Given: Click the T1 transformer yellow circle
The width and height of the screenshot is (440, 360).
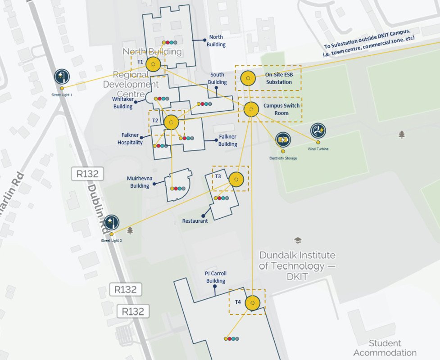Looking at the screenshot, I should click(154, 64).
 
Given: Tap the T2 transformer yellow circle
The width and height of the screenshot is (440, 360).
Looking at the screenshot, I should click(171, 122).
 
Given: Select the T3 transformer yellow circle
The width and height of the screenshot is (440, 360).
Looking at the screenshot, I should click(236, 179).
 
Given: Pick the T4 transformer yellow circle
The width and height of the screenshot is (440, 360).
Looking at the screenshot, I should click(252, 303).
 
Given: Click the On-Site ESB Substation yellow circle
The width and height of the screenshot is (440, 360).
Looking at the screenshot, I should click(248, 78).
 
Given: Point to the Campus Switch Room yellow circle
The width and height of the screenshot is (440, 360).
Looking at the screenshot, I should click(251, 109).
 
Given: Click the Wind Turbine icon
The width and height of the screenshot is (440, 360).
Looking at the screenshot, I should click(318, 131).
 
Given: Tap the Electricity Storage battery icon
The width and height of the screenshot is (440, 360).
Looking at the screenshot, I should click(283, 140).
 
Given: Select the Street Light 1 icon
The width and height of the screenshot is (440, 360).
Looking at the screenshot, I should click(62, 76).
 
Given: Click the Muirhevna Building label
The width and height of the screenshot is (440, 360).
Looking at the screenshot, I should click(140, 182).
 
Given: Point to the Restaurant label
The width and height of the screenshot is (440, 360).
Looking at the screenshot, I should click(195, 221).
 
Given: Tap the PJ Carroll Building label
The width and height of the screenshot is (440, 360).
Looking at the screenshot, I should click(216, 277).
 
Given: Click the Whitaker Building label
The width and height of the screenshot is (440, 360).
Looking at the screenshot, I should click(123, 103).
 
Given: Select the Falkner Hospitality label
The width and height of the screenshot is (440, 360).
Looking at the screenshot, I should click(130, 139).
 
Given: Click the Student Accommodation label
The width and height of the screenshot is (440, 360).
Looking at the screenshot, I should click(385, 348).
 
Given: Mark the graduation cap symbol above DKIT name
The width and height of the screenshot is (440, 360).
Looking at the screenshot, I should click(297, 240).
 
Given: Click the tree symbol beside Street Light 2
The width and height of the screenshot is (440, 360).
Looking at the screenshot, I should click(130, 230).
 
